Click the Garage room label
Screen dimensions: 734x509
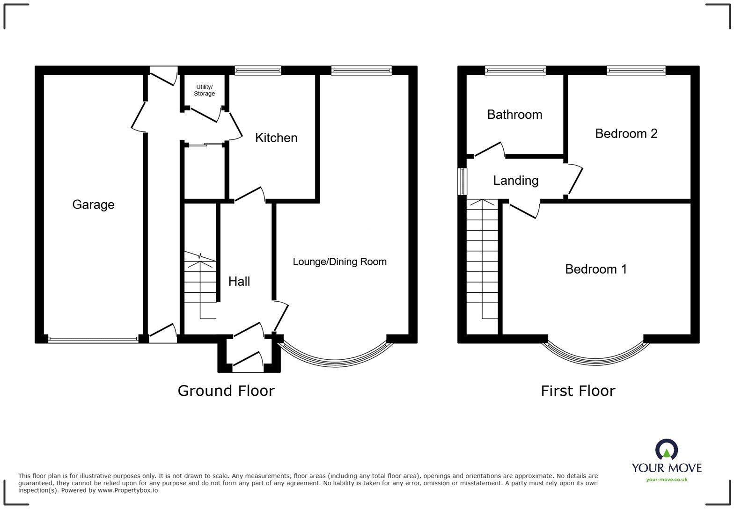tap(93, 204)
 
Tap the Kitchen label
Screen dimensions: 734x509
tap(276, 138)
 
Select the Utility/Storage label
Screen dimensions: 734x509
tap(205, 90)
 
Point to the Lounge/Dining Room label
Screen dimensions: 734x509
tap(339, 262)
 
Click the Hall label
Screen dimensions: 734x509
tap(239, 281)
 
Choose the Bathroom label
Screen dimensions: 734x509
tap(514, 115)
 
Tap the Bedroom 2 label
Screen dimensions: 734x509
tap(626, 133)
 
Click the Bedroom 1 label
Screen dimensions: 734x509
tap(595, 269)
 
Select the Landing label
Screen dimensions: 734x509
tap(515, 181)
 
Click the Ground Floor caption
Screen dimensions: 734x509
tap(226, 391)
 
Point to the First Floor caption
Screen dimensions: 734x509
tap(578, 391)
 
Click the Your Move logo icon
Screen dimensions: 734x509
tap(667, 450)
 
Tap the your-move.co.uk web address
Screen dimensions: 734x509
tap(667, 480)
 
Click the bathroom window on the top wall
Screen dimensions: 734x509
tap(515, 71)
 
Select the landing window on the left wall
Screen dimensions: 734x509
tap(462, 181)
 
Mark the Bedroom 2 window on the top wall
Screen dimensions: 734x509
tap(636, 71)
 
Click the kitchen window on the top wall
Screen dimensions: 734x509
tap(258, 71)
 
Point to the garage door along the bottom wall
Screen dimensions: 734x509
tap(93, 340)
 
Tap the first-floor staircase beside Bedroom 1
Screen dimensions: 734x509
tap(483, 262)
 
